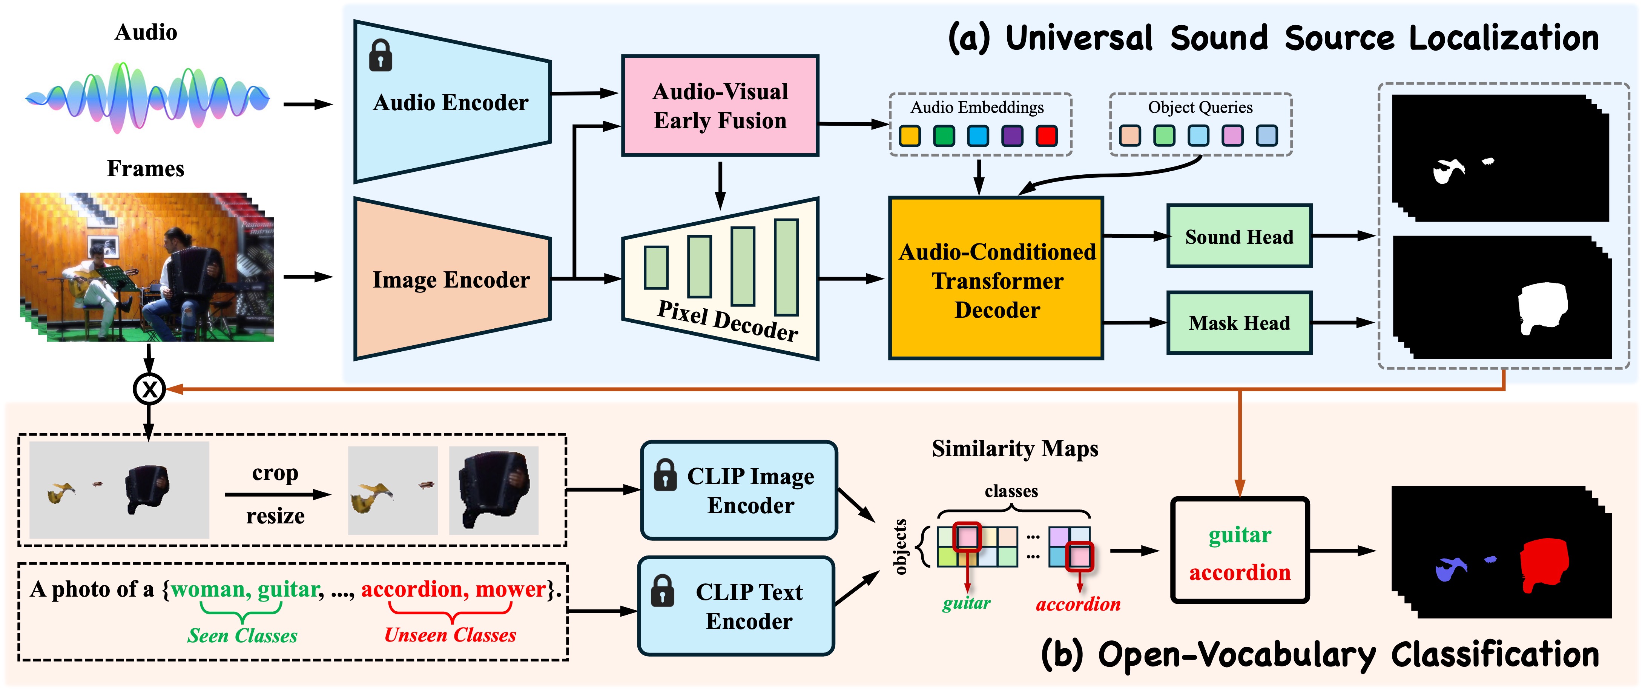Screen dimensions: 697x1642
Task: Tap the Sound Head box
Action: click(1238, 237)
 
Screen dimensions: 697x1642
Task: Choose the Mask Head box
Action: click(1238, 323)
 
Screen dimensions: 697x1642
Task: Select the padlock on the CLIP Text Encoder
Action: click(662, 591)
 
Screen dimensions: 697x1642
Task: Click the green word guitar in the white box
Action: click(1239, 534)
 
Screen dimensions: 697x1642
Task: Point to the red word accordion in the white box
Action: click(1239, 572)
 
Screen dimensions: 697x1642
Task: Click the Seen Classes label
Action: click(242, 635)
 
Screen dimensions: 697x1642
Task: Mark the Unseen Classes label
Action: click(450, 634)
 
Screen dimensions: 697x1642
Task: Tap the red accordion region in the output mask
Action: click(1543, 565)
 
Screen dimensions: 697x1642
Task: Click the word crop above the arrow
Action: click(275, 472)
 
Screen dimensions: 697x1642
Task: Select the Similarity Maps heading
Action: click(1015, 448)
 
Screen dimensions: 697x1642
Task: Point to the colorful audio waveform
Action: click(147, 98)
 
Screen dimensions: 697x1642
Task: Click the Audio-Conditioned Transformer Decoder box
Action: click(996, 279)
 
